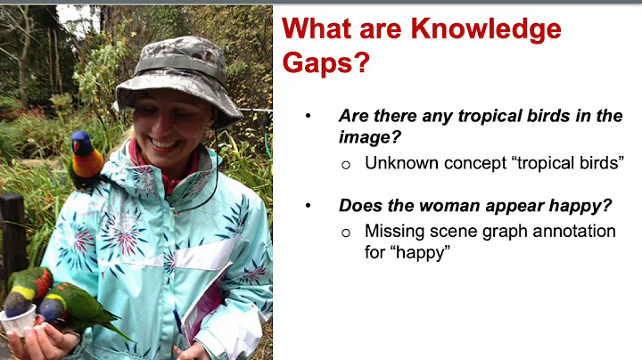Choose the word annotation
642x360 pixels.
pyautogui.click(x=568, y=231)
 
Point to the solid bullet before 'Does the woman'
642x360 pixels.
pyautogui.click(x=309, y=206)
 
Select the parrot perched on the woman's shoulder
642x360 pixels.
pyautogui.click(x=86, y=160)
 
